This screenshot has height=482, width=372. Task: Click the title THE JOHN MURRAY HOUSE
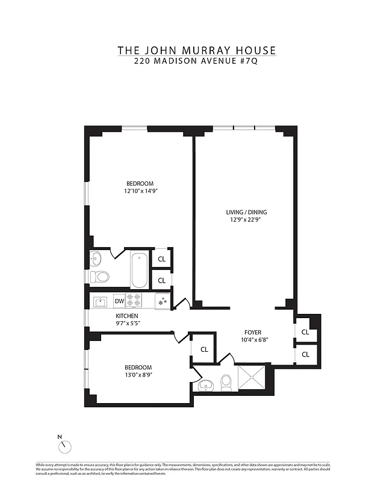coord(197,50)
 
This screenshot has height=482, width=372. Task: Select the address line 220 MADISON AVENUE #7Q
coord(197,61)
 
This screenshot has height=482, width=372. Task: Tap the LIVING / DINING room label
coord(246,212)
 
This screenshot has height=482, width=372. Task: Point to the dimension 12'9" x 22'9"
coord(246,220)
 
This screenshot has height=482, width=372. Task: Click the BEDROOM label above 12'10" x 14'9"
coord(140,184)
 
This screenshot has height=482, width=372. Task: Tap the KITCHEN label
coord(127,316)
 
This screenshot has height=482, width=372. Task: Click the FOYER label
coord(253,332)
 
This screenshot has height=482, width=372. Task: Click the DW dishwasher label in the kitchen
coord(119,301)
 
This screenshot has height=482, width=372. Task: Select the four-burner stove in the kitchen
coord(133,300)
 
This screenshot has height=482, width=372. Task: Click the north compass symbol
coord(65,446)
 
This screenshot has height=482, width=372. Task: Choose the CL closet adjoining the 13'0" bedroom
coord(204,349)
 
